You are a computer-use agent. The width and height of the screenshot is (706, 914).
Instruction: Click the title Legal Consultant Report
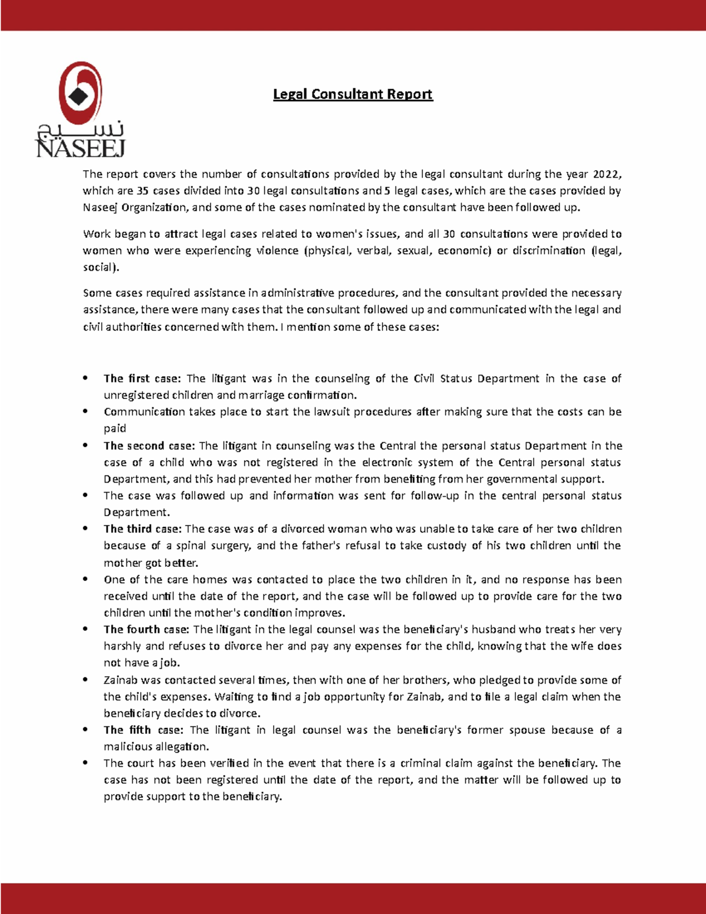coord(352,94)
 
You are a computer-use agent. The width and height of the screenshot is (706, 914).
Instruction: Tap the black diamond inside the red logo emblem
coord(79,96)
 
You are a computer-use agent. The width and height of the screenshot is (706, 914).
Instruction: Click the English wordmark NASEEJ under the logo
coord(81,148)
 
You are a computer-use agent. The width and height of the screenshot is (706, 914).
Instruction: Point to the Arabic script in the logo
coord(81,129)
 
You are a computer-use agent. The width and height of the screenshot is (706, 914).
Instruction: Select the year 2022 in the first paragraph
coord(606,174)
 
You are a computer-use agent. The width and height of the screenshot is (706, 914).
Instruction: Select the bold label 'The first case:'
coord(142,378)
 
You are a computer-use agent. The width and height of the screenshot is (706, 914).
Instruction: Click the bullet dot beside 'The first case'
coord(86,378)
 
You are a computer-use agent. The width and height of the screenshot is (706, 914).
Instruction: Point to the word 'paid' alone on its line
coord(115,428)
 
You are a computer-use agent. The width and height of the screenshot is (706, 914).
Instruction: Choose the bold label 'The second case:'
coord(149,446)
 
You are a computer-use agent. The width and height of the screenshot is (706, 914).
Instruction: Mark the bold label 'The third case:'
coord(142,529)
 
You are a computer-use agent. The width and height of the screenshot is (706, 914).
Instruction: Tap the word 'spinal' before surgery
coord(191,546)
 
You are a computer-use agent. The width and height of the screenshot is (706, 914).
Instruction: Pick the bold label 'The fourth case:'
coord(146,630)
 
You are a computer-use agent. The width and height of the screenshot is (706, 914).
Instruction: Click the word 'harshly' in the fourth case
coord(122,646)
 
